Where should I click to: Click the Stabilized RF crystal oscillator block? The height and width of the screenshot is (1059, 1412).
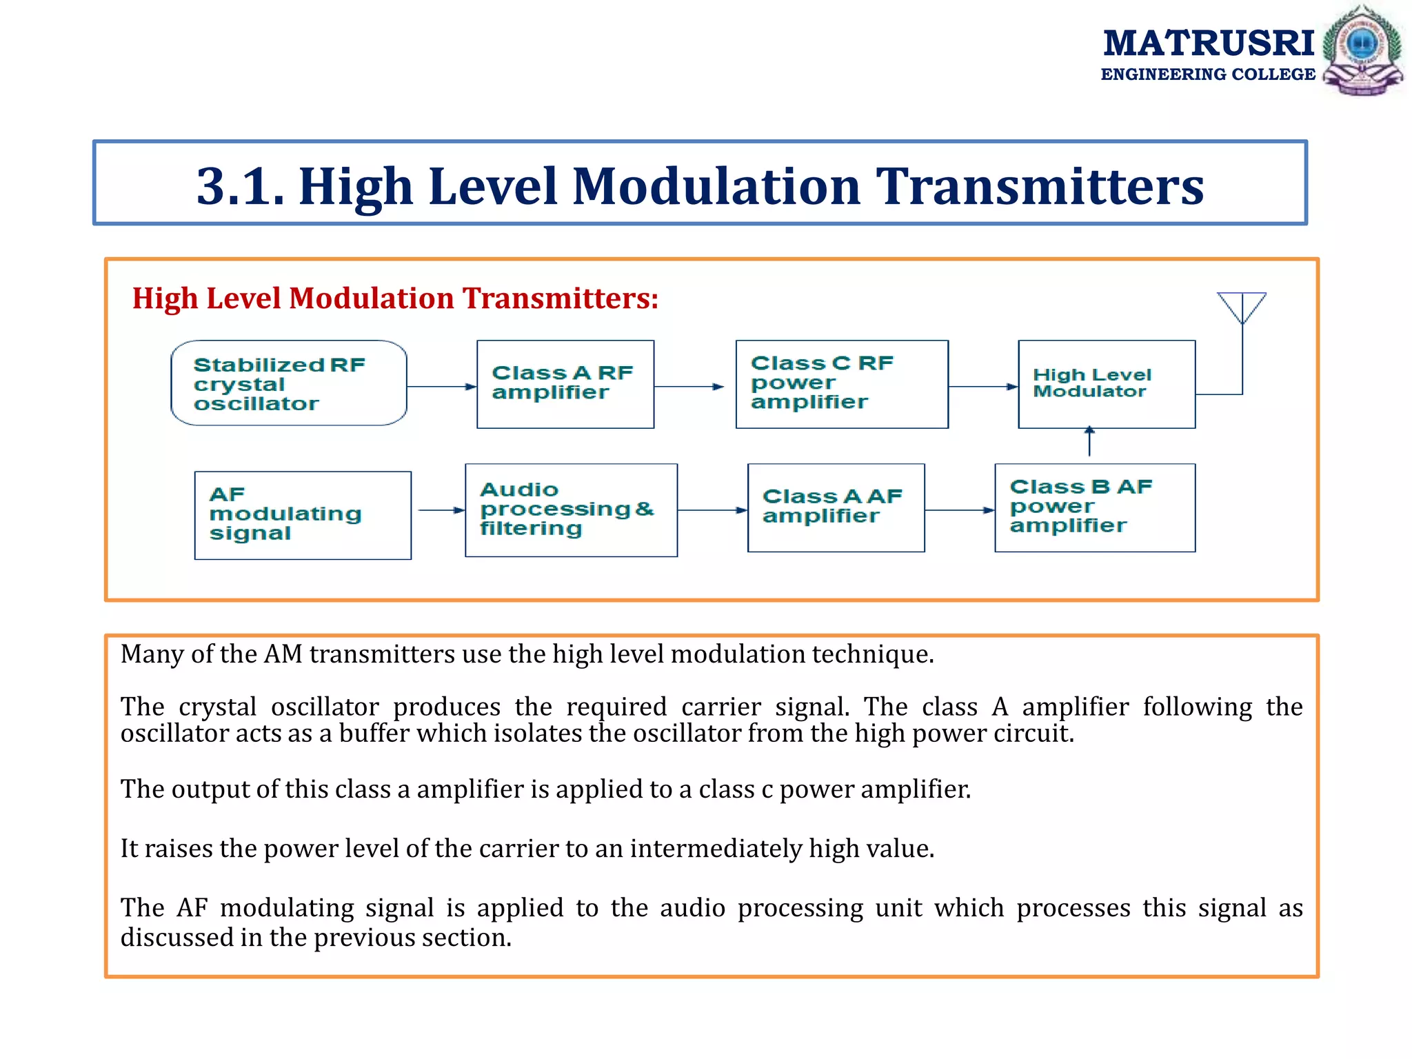[x=288, y=383]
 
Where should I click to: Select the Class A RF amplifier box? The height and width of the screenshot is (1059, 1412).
[x=565, y=384]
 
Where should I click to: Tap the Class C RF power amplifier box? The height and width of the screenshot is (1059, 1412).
[x=842, y=384]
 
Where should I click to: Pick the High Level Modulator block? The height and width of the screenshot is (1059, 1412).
[x=1107, y=384]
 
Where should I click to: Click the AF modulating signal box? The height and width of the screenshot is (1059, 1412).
[x=303, y=515]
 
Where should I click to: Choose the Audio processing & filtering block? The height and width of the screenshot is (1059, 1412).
[x=571, y=510]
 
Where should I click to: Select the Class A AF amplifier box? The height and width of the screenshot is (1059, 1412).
[x=836, y=507]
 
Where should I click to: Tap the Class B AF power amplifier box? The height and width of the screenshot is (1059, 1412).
[x=1095, y=507]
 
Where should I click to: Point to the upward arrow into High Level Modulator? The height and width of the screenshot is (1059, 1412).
[x=1089, y=441]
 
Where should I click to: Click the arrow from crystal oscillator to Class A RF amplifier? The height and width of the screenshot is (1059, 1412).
[x=441, y=387]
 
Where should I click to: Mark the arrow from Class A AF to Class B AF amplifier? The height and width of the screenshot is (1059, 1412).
[x=959, y=510]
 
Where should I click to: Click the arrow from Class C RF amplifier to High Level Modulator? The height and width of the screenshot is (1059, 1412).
[x=983, y=387]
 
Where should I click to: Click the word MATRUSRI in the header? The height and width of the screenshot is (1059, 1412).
[x=1209, y=43]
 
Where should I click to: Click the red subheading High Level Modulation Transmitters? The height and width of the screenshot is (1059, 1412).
[x=395, y=299]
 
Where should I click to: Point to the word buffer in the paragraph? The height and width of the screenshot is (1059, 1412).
[x=374, y=733]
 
